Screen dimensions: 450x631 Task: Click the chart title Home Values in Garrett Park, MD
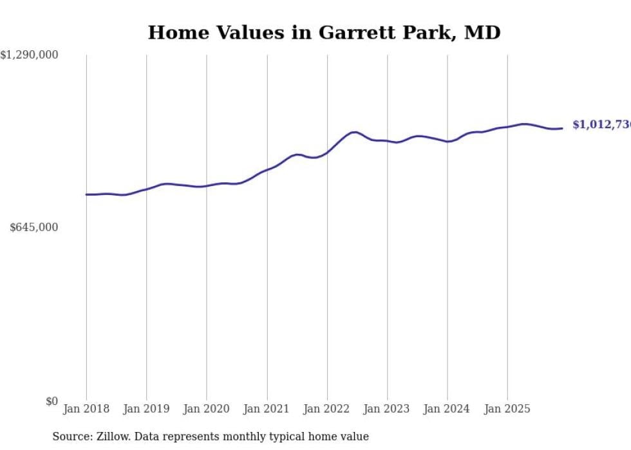(x=324, y=32)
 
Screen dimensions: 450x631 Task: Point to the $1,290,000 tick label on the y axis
(x=29, y=55)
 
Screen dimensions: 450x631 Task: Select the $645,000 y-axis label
(x=33, y=227)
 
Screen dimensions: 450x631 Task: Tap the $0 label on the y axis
(x=52, y=401)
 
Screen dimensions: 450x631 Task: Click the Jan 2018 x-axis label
(x=86, y=409)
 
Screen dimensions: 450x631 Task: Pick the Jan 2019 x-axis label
(x=146, y=409)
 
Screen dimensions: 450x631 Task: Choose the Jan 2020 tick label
(x=206, y=409)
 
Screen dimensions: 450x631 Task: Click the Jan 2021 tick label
(x=267, y=409)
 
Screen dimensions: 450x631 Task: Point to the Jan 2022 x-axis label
(x=327, y=409)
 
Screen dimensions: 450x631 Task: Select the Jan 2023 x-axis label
(x=387, y=409)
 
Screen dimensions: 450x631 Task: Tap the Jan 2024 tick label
(x=447, y=409)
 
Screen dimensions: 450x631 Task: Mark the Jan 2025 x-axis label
(x=507, y=409)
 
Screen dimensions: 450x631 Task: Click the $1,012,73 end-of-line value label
(x=601, y=125)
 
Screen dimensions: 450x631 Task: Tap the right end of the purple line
(x=562, y=128)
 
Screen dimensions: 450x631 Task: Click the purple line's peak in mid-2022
(x=353, y=132)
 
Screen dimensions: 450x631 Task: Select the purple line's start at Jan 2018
(x=86, y=194)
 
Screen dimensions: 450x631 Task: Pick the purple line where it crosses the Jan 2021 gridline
(x=267, y=170)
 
